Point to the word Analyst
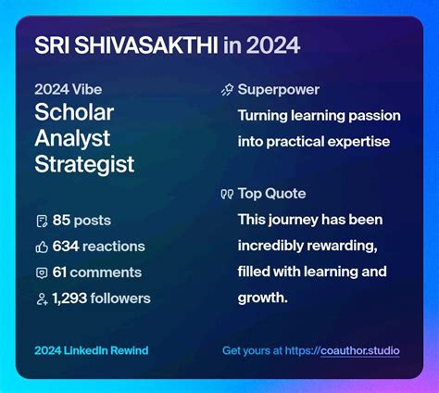coord(72,140)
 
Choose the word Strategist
coord(84,165)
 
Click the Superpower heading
coord(279,91)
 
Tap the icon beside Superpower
coord(227,91)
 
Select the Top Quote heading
coord(272,194)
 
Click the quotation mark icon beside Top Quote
coord(227,195)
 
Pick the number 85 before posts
coord(62,221)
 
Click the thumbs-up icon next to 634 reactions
coord(41,247)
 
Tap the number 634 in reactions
coord(66,247)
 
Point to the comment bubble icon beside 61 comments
coord(41,273)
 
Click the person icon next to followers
coord(41,298)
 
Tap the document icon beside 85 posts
coord(41,221)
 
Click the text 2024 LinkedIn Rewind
coord(91,350)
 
